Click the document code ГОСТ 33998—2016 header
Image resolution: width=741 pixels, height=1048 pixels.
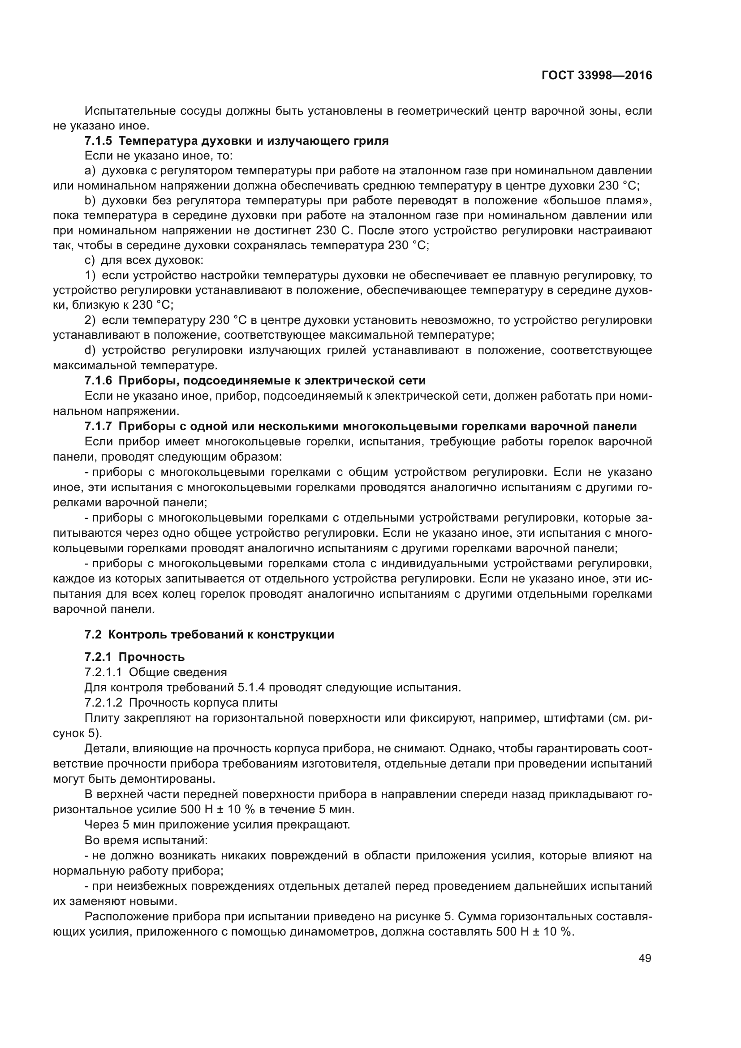[597, 76]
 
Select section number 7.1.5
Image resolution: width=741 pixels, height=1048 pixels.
[98, 141]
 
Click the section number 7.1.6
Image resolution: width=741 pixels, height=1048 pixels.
[98, 381]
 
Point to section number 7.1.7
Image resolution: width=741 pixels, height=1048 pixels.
[98, 426]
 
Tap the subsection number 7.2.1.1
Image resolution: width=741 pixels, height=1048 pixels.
[103, 673]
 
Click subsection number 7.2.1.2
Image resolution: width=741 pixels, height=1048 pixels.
[103, 703]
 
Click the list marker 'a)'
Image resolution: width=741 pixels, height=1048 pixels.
[90, 171]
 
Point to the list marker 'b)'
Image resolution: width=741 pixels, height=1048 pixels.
[90, 201]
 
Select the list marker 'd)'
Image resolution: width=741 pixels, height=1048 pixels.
[90, 350]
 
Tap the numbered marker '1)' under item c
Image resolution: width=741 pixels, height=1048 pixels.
[90, 276]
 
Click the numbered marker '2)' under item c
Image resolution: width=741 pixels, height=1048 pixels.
[90, 320]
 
